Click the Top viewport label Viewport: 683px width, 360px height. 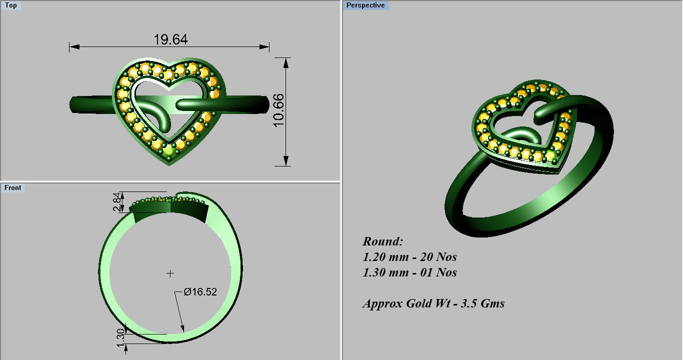coord(10,5)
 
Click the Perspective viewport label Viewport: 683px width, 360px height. coord(366,5)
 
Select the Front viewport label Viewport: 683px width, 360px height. coord(13,188)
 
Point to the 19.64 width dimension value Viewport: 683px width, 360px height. coord(170,39)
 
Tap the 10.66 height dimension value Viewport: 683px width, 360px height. coord(278,110)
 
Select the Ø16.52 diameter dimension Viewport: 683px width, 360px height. coord(200,292)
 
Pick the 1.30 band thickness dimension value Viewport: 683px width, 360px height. coord(120,336)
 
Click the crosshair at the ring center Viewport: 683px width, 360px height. coord(170,273)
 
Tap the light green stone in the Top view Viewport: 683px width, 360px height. coord(168,151)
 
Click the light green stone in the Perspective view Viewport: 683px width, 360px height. coord(550,156)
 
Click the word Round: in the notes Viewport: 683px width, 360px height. coord(382,241)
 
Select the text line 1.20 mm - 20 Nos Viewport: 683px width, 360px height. coord(409,257)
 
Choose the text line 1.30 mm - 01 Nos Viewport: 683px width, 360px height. coord(409,273)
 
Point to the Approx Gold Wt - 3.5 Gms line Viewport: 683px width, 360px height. coord(433,303)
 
